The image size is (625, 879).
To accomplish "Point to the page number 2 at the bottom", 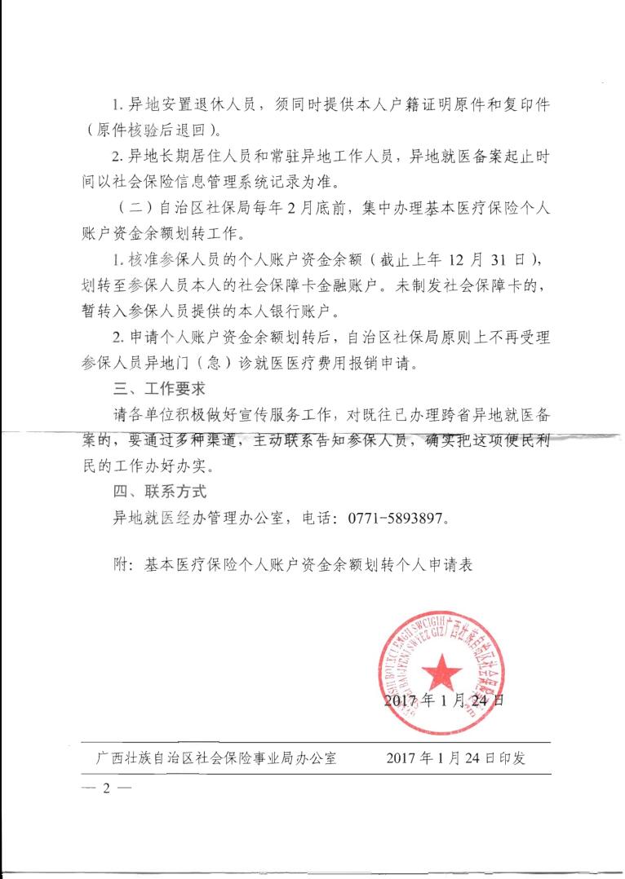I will (106, 788).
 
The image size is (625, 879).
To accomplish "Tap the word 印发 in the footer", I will (512, 758).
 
